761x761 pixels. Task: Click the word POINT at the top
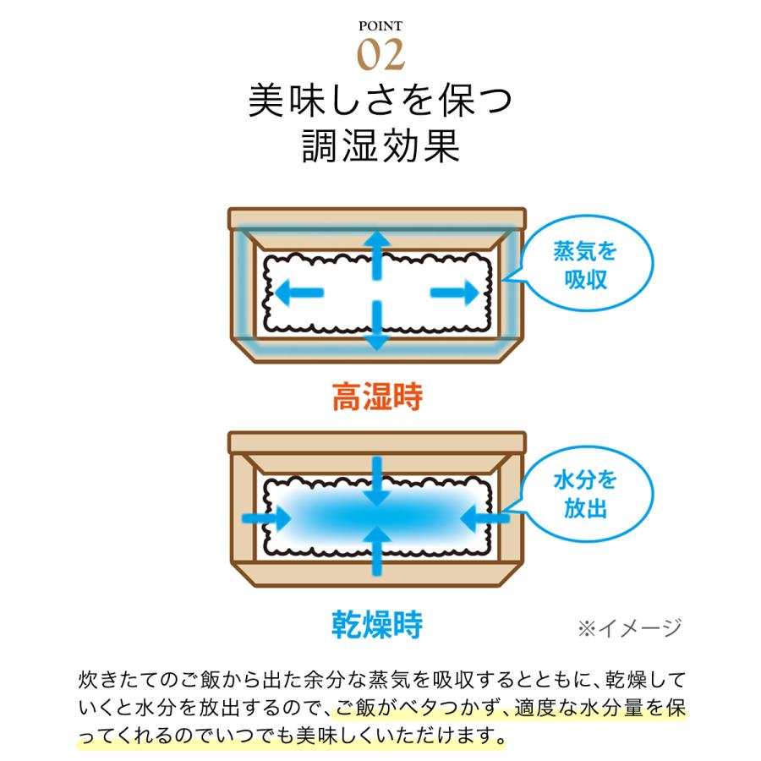coord(380,25)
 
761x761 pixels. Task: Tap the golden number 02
coord(380,54)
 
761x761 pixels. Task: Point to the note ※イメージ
coord(629,627)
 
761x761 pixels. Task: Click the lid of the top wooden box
coord(377,218)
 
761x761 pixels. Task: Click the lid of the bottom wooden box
coord(377,442)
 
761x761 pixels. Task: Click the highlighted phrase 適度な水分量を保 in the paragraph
coord(595,708)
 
